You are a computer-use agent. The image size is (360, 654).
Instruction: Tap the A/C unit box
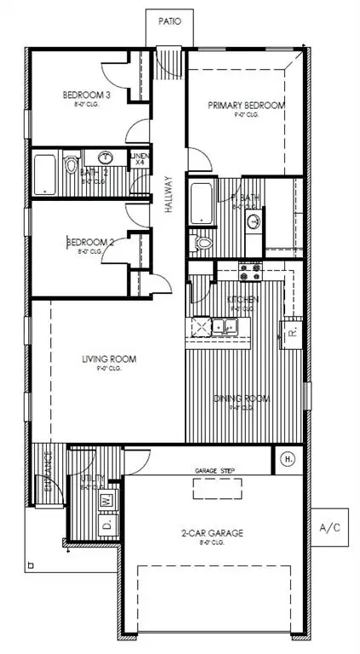pyautogui.click(x=330, y=529)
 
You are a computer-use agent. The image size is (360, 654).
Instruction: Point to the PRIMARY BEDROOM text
pyautogui.click(x=246, y=106)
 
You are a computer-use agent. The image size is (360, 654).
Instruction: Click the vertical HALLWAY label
pyautogui.click(x=169, y=195)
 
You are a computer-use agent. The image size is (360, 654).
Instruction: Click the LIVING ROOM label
pyautogui.click(x=107, y=359)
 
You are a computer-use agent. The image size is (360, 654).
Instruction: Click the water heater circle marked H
pyautogui.click(x=289, y=461)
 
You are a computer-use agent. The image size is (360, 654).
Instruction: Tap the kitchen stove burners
pyautogui.click(x=250, y=272)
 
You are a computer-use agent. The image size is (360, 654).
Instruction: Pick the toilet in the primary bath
pyautogui.click(x=202, y=244)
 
